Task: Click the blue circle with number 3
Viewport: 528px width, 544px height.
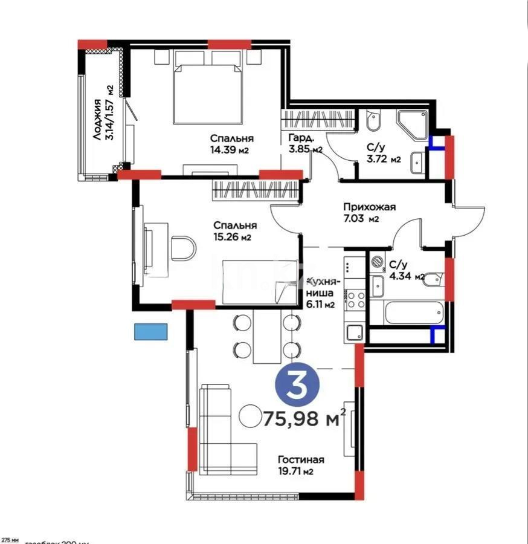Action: coord(297,386)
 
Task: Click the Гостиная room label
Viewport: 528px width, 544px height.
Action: coord(297,459)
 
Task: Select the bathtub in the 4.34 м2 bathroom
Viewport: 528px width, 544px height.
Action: coord(406,313)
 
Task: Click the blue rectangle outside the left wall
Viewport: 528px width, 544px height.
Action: coord(151,331)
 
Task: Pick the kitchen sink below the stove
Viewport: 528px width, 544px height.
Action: coord(354,332)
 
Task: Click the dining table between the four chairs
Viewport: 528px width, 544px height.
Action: coord(267,336)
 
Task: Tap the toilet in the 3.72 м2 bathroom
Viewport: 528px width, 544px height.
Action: coord(373,121)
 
